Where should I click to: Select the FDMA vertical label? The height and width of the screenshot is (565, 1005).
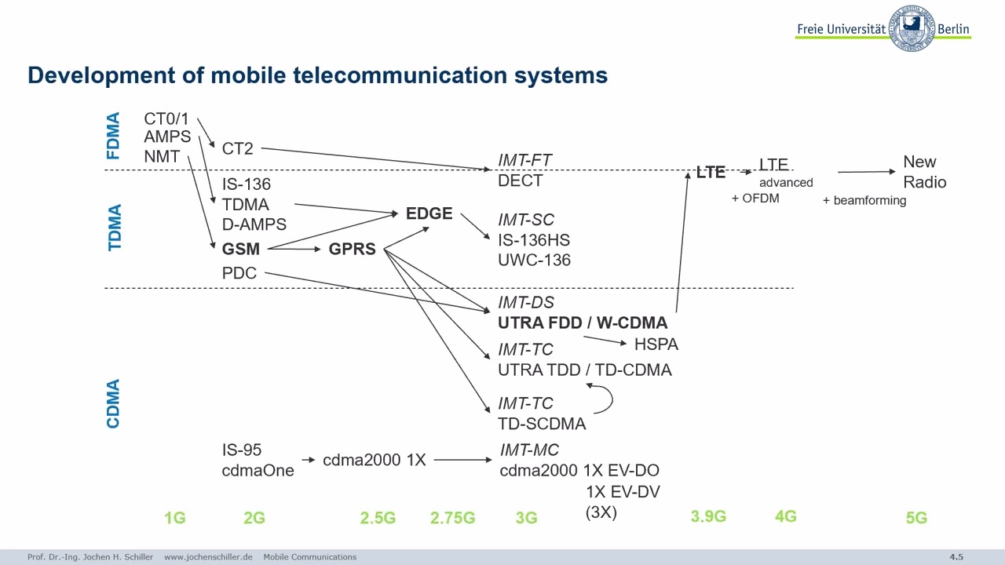114,137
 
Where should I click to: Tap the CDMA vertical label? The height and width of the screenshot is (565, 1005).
114,403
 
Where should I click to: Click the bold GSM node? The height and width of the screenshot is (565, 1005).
240,249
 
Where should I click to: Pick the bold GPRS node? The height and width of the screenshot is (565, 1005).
352,249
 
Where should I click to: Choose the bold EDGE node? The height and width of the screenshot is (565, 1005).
429,213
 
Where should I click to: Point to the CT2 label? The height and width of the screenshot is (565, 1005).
237,148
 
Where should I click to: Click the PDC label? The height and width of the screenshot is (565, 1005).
239,273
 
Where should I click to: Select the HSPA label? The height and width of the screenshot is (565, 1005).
656,344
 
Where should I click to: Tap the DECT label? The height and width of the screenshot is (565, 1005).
520,180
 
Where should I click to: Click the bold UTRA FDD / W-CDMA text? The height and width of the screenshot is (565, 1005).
583,323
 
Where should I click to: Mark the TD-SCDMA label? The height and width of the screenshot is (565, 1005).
542,424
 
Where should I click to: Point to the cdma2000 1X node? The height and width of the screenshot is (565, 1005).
374,460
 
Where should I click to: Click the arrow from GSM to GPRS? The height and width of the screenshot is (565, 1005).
294,249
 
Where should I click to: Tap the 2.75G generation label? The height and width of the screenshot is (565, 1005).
452,518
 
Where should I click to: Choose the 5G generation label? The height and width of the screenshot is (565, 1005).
916,518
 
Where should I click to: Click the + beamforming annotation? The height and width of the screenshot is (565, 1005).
864,201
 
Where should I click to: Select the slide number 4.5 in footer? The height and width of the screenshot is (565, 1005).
956,557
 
